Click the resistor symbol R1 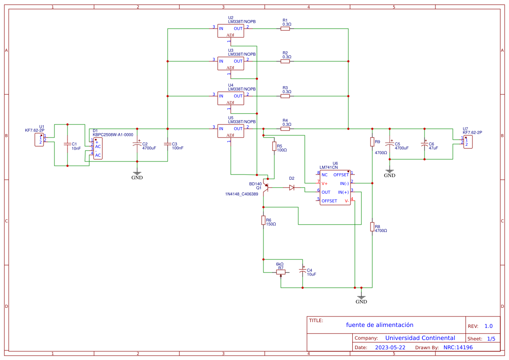coord(285,29)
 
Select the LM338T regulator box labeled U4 coord(231,98)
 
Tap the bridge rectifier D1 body coord(98,148)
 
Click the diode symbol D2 coord(292,188)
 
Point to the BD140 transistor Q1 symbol coord(266,187)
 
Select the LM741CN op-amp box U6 coord(335,188)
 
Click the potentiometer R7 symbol coord(281,273)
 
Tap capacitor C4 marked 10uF coord(303,270)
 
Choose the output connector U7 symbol coord(468,142)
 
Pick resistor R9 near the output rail coord(372,142)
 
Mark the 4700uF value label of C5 coord(401,148)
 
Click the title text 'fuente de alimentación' coord(380,325)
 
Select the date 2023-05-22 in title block coord(390,347)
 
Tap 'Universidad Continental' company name coord(420,338)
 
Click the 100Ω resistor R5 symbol coord(274,146)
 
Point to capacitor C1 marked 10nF coord(67,144)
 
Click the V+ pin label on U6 coord(325,183)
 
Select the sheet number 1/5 coord(491,338)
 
